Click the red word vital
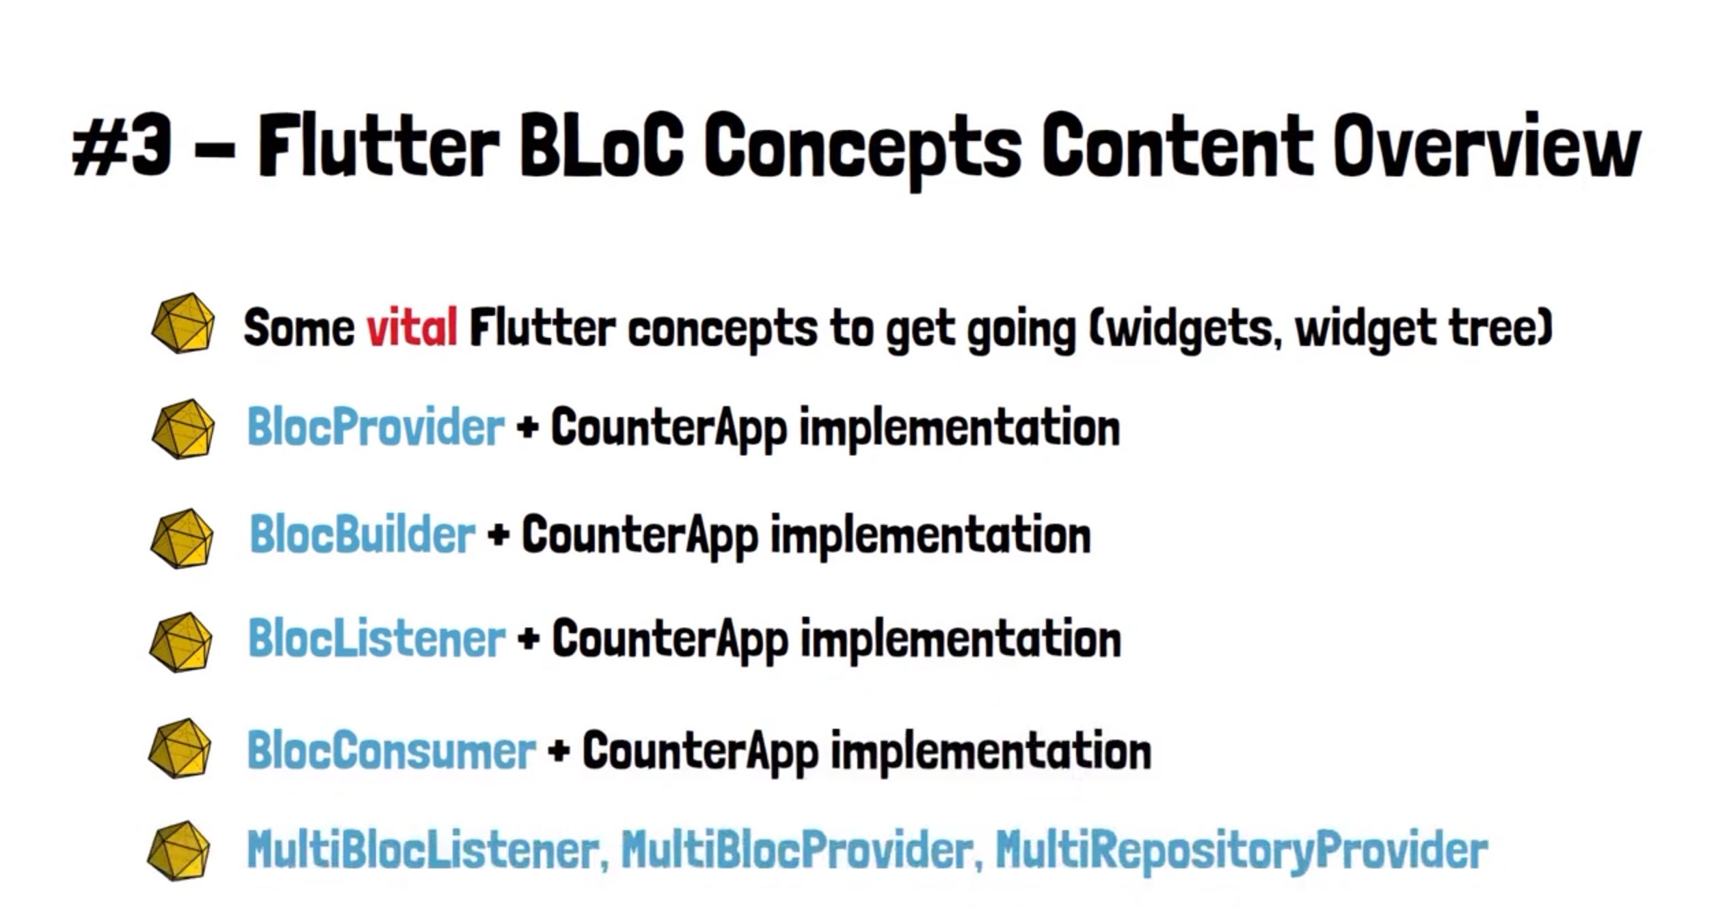(412, 328)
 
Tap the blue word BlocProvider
(376, 427)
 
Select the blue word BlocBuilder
(362, 534)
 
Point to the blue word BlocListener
(377, 639)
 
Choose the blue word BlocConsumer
(391, 750)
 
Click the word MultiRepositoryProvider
(1242, 850)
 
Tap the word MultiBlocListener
(427, 850)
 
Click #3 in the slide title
(122, 145)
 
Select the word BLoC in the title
(601, 145)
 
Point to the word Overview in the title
(1486, 145)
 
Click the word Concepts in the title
(862, 150)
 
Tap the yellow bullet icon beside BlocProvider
(183, 429)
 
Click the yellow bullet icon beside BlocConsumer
(180, 748)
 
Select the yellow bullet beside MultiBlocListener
(179, 851)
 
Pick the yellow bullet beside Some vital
(183, 323)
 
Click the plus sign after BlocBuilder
(498, 535)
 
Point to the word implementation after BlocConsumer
(991, 751)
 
